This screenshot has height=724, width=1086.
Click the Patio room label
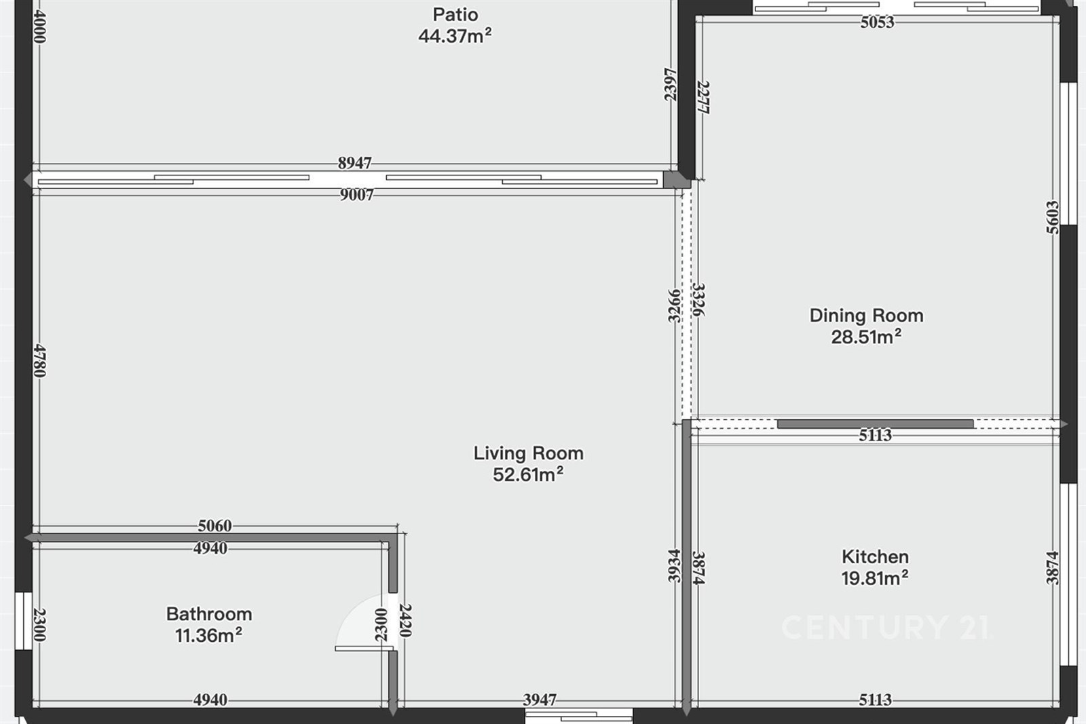pos(455,14)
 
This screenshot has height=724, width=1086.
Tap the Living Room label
pos(529,453)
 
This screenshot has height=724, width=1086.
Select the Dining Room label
pos(866,316)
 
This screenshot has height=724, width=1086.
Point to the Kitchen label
pos(875,557)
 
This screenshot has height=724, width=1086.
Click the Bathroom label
pos(209,614)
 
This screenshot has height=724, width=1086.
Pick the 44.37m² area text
pos(455,36)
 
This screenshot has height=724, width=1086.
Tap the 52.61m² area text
pos(528,474)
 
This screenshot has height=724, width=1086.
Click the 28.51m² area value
pos(866,337)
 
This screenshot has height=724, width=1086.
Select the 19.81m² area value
pos(875,578)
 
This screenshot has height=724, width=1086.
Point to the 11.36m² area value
pos(208,635)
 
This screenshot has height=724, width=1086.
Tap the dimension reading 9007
pos(357,195)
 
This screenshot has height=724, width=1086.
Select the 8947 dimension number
pos(355,164)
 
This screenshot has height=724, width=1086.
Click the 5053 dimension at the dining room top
pos(877,22)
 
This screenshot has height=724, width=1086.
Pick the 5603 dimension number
pos(1053,217)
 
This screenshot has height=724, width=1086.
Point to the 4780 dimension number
pos(40,360)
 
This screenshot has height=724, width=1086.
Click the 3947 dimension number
pos(540,700)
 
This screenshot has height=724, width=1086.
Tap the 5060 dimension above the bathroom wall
pos(214,525)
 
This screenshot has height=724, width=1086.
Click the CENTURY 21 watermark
pos(886,627)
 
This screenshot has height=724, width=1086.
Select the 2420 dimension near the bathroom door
pos(405,620)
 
